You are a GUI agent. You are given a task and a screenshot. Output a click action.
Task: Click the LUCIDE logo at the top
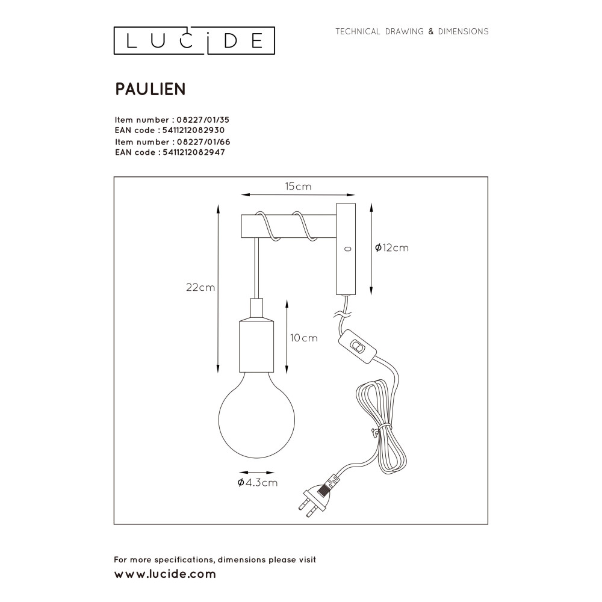click(194, 40)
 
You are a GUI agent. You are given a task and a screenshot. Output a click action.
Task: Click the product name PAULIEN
click(150, 89)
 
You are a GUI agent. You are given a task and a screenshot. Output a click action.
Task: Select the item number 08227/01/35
click(203, 120)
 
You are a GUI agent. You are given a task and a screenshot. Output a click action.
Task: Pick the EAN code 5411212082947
click(194, 152)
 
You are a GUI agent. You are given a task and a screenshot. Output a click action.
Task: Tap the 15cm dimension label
click(299, 187)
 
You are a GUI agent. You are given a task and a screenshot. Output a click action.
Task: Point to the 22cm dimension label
click(200, 287)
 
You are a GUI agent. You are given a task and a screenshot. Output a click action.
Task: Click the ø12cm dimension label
click(392, 247)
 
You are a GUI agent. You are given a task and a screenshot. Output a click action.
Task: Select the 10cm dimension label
click(303, 338)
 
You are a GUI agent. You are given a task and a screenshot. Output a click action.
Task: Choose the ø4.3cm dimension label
click(257, 483)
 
